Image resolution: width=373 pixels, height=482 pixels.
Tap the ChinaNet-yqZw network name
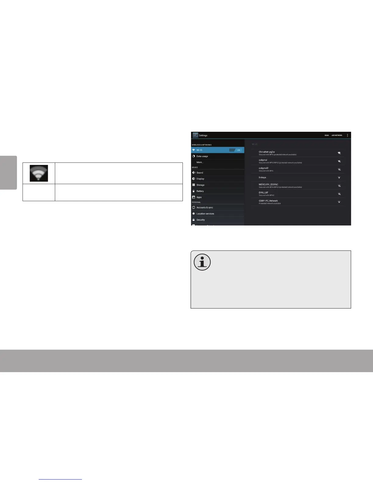267,152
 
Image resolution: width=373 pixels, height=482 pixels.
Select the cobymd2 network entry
264,168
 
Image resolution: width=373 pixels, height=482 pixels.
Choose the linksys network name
262,177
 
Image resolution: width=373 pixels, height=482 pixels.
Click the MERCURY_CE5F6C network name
268,184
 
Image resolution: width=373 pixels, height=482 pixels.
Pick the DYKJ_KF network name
264,193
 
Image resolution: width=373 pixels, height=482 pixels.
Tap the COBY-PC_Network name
268,201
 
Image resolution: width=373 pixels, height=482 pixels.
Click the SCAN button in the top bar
327,135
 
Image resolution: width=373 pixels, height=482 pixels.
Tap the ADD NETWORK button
337,135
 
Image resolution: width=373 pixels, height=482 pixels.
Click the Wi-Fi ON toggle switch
235,150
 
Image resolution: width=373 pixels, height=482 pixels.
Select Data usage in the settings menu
202,156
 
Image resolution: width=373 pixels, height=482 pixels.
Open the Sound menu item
200,173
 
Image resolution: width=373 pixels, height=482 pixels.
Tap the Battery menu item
200,191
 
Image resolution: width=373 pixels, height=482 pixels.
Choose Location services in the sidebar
205,214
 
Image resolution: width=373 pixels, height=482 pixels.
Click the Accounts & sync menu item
204,208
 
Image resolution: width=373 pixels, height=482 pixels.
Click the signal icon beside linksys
339,178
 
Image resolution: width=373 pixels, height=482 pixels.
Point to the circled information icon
202,262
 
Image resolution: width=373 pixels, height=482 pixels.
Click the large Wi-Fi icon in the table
39,173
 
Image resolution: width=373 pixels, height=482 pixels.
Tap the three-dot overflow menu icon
347,135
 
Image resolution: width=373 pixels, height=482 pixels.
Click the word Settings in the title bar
203,135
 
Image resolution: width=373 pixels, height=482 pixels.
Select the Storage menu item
200,185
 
